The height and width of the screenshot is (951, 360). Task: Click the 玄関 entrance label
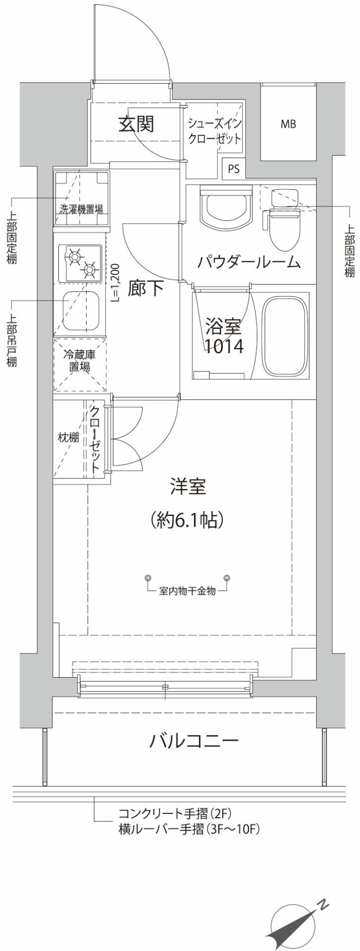[x=136, y=124]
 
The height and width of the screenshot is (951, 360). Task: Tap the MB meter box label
[x=288, y=124]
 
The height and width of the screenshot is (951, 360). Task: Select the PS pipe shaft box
[x=234, y=169]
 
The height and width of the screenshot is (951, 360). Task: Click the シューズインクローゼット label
[x=214, y=131]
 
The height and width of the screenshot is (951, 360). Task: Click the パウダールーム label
[x=249, y=262]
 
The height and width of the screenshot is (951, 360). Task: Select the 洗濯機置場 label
[x=82, y=210]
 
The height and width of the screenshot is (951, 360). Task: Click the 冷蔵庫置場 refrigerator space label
[x=79, y=361]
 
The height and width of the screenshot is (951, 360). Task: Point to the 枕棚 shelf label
[x=68, y=437]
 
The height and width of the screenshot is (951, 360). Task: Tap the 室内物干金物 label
[x=188, y=591]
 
